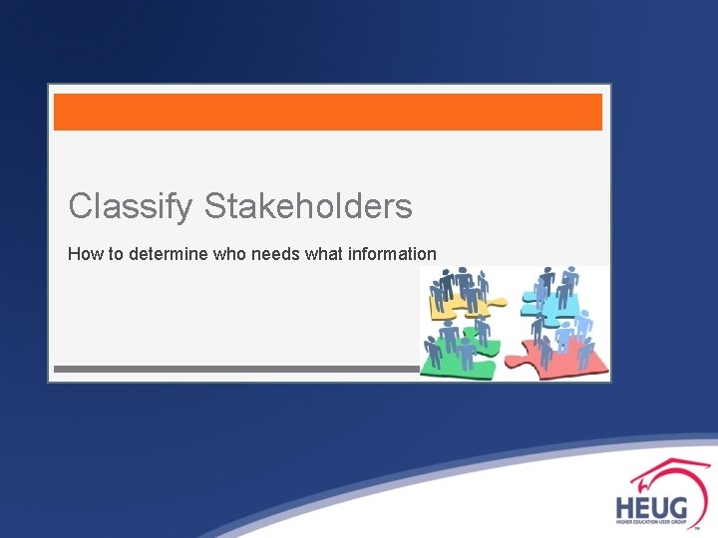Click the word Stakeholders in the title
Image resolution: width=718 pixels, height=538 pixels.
click(308, 206)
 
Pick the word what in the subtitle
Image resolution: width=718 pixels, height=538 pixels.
click(324, 254)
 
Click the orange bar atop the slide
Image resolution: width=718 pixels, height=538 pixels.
click(327, 112)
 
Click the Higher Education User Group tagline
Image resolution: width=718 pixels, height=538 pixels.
click(650, 522)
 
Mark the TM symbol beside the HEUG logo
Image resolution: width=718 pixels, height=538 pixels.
click(709, 528)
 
